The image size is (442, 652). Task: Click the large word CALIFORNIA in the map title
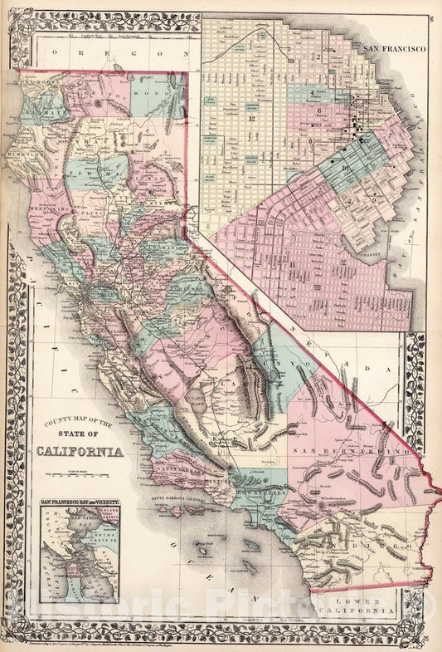click(x=80, y=452)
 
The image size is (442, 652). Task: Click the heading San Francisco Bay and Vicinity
click(x=80, y=502)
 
